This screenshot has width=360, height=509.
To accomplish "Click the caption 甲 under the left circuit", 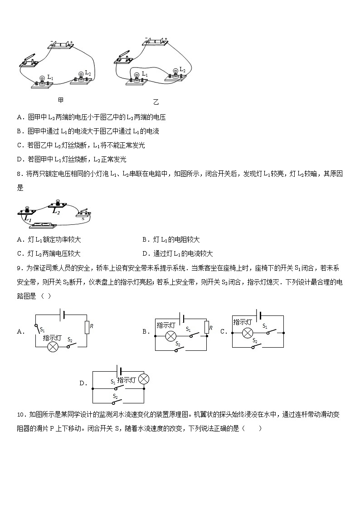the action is click(61, 100).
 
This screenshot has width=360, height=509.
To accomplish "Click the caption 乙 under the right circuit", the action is click(156, 102).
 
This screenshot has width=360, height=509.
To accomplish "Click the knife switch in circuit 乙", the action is click(125, 58).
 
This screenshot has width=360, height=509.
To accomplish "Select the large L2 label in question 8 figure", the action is click(56, 210).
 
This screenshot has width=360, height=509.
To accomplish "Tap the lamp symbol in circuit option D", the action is click(143, 379).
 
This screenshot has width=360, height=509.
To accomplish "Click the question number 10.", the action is click(20, 414).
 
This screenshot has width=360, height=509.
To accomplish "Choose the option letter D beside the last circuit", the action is click(83, 383).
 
